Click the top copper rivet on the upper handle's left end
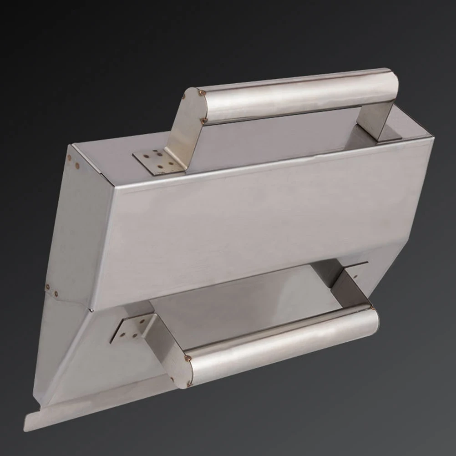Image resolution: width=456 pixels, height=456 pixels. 202,92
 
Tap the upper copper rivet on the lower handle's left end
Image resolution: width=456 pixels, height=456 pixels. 188,359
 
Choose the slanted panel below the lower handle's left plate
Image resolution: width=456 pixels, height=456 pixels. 91,364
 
